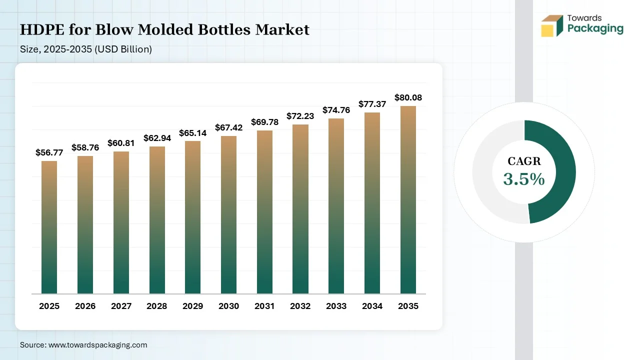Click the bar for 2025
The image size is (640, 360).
[x=49, y=227]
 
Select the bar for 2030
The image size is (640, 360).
[x=228, y=215]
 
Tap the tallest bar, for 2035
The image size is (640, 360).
[x=408, y=200]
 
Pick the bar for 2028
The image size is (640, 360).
[x=157, y=220]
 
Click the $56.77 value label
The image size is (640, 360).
[x=49, y=152]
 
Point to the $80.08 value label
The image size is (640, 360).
[x=408, y=97]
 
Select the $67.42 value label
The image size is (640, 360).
[x=228, y=127]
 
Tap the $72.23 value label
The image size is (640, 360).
[x=300, y=115]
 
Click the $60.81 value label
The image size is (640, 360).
[x=121, y=143]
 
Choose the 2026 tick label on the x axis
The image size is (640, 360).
[x=85, y=306]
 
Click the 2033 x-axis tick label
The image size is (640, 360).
[x=336, y=306]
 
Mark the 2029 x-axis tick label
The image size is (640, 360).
[x=193, y=306]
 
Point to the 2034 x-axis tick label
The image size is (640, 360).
[x=372, y=306]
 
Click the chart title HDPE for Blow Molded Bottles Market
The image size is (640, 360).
[x=164, y=30]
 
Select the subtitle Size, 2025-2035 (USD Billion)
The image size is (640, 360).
[x=86, y=49]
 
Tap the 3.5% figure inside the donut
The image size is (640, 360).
[x=524, y=179]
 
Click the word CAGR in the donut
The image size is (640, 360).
[x=524, y=161]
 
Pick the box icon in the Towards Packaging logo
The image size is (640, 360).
[x=552, y=26]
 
